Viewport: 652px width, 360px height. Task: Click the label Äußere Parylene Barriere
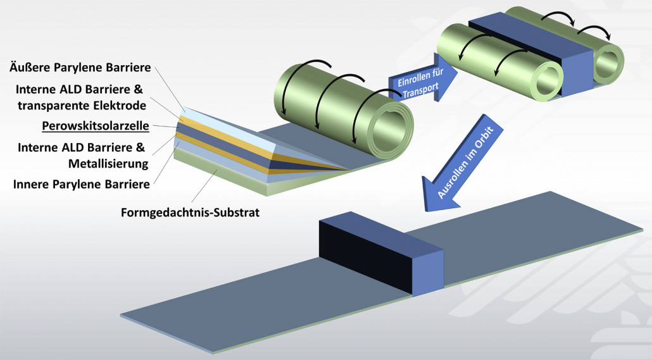pos(79,67)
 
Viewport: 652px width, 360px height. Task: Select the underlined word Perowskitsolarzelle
pos(95,125)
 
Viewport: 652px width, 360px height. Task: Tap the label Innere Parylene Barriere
pos(81,184)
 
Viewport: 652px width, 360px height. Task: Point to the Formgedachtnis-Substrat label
pos(190,212)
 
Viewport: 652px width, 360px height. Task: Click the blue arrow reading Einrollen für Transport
pos(417,85)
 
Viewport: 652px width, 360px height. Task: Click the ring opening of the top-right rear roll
pos(607,63)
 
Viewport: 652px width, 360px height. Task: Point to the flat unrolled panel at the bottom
pos(266,297)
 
